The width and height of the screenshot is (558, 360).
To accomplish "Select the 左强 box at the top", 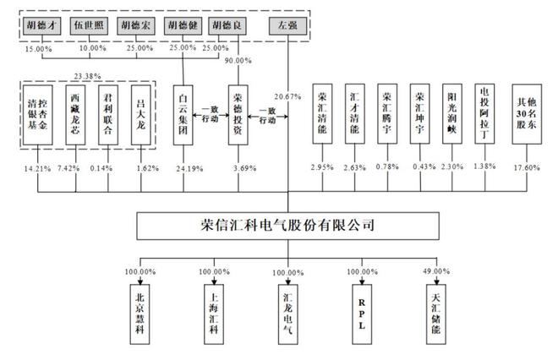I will tap(287, 25).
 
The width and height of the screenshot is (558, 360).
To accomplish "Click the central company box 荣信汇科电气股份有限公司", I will tap(287, 226).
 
